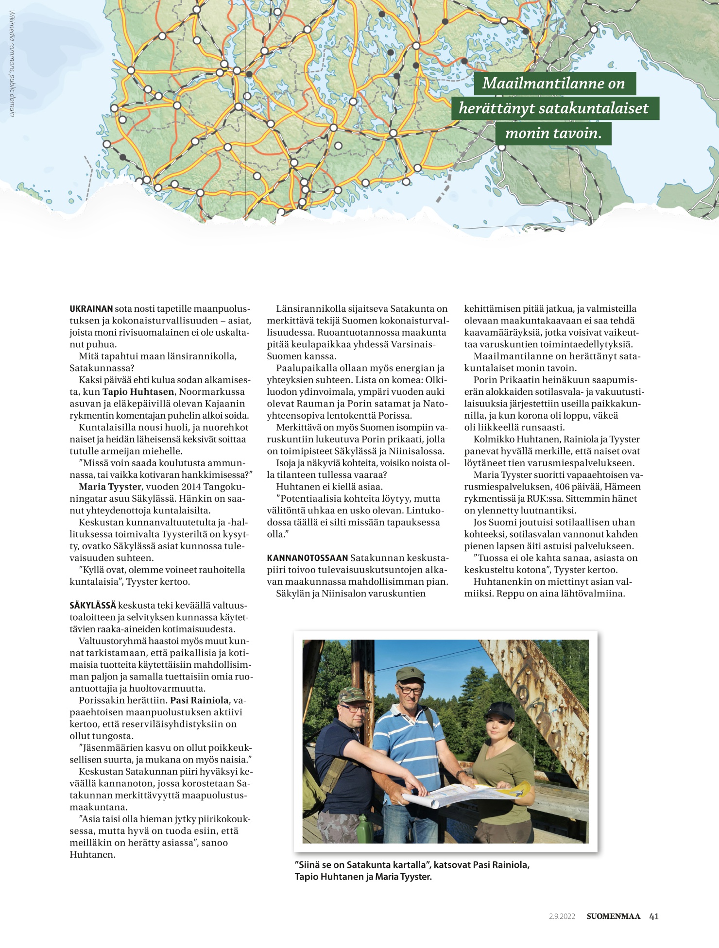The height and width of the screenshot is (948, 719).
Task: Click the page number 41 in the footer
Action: pyautogui.click(x=653, y=916)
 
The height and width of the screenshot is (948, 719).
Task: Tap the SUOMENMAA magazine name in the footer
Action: pyautogui.click(x=613, y=916)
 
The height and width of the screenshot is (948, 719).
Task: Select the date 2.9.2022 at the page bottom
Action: pyautogui.click(x=562, y=916)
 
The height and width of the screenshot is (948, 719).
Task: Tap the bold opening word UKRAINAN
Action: pyautogui.click(x=91, y=309)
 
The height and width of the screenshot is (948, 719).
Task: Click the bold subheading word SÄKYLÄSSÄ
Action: pyautogui.click(x=93, y=606)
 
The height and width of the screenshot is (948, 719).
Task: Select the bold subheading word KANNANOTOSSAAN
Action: pyautogui.click(x=307, y=558)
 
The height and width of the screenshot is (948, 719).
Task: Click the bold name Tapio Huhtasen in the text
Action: pyautogui.click(x=138, y=392)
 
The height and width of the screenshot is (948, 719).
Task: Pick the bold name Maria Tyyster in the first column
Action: pyautogui.click(x=110, y=487)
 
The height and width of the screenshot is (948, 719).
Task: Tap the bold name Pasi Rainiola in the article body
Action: pyautogui.click(x=199, y=700)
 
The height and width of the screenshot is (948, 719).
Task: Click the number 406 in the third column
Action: pyautogui.click(x=563, y=487)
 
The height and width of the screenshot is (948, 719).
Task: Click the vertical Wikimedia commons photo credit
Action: pyautogui.click(x=12, y=63)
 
